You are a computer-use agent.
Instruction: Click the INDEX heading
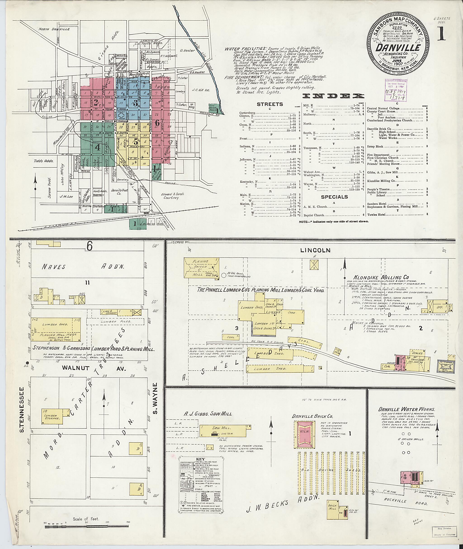point(333,96)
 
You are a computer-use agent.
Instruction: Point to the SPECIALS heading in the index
point(334,197)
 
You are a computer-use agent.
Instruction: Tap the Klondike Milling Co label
point(381,277)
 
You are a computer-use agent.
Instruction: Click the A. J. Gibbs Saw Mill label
point(207,414)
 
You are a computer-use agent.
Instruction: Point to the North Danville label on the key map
point(54,29)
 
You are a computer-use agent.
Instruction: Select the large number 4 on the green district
point(97,148)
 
